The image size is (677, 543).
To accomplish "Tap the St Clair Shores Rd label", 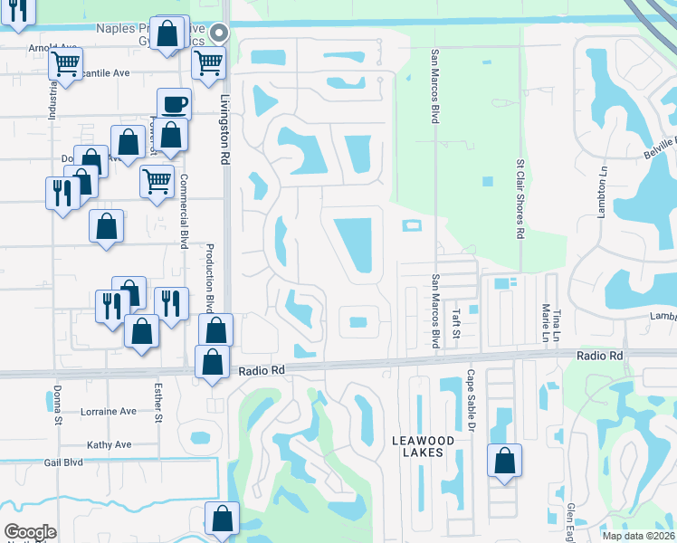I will tap(520, 199).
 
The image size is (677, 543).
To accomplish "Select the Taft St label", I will tap(457, 321).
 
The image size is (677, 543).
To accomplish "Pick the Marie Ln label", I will tap(546, 324).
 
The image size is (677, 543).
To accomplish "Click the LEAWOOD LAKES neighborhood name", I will tap(429, 446).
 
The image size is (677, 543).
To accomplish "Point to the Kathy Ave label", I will tap(109, 444).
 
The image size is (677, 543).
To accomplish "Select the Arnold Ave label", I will tap(52, 47).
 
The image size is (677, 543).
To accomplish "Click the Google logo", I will tap(30, 532).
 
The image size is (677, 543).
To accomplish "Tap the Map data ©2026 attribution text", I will tap(638, 536).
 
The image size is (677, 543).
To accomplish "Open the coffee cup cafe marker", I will tap(174, 104).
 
